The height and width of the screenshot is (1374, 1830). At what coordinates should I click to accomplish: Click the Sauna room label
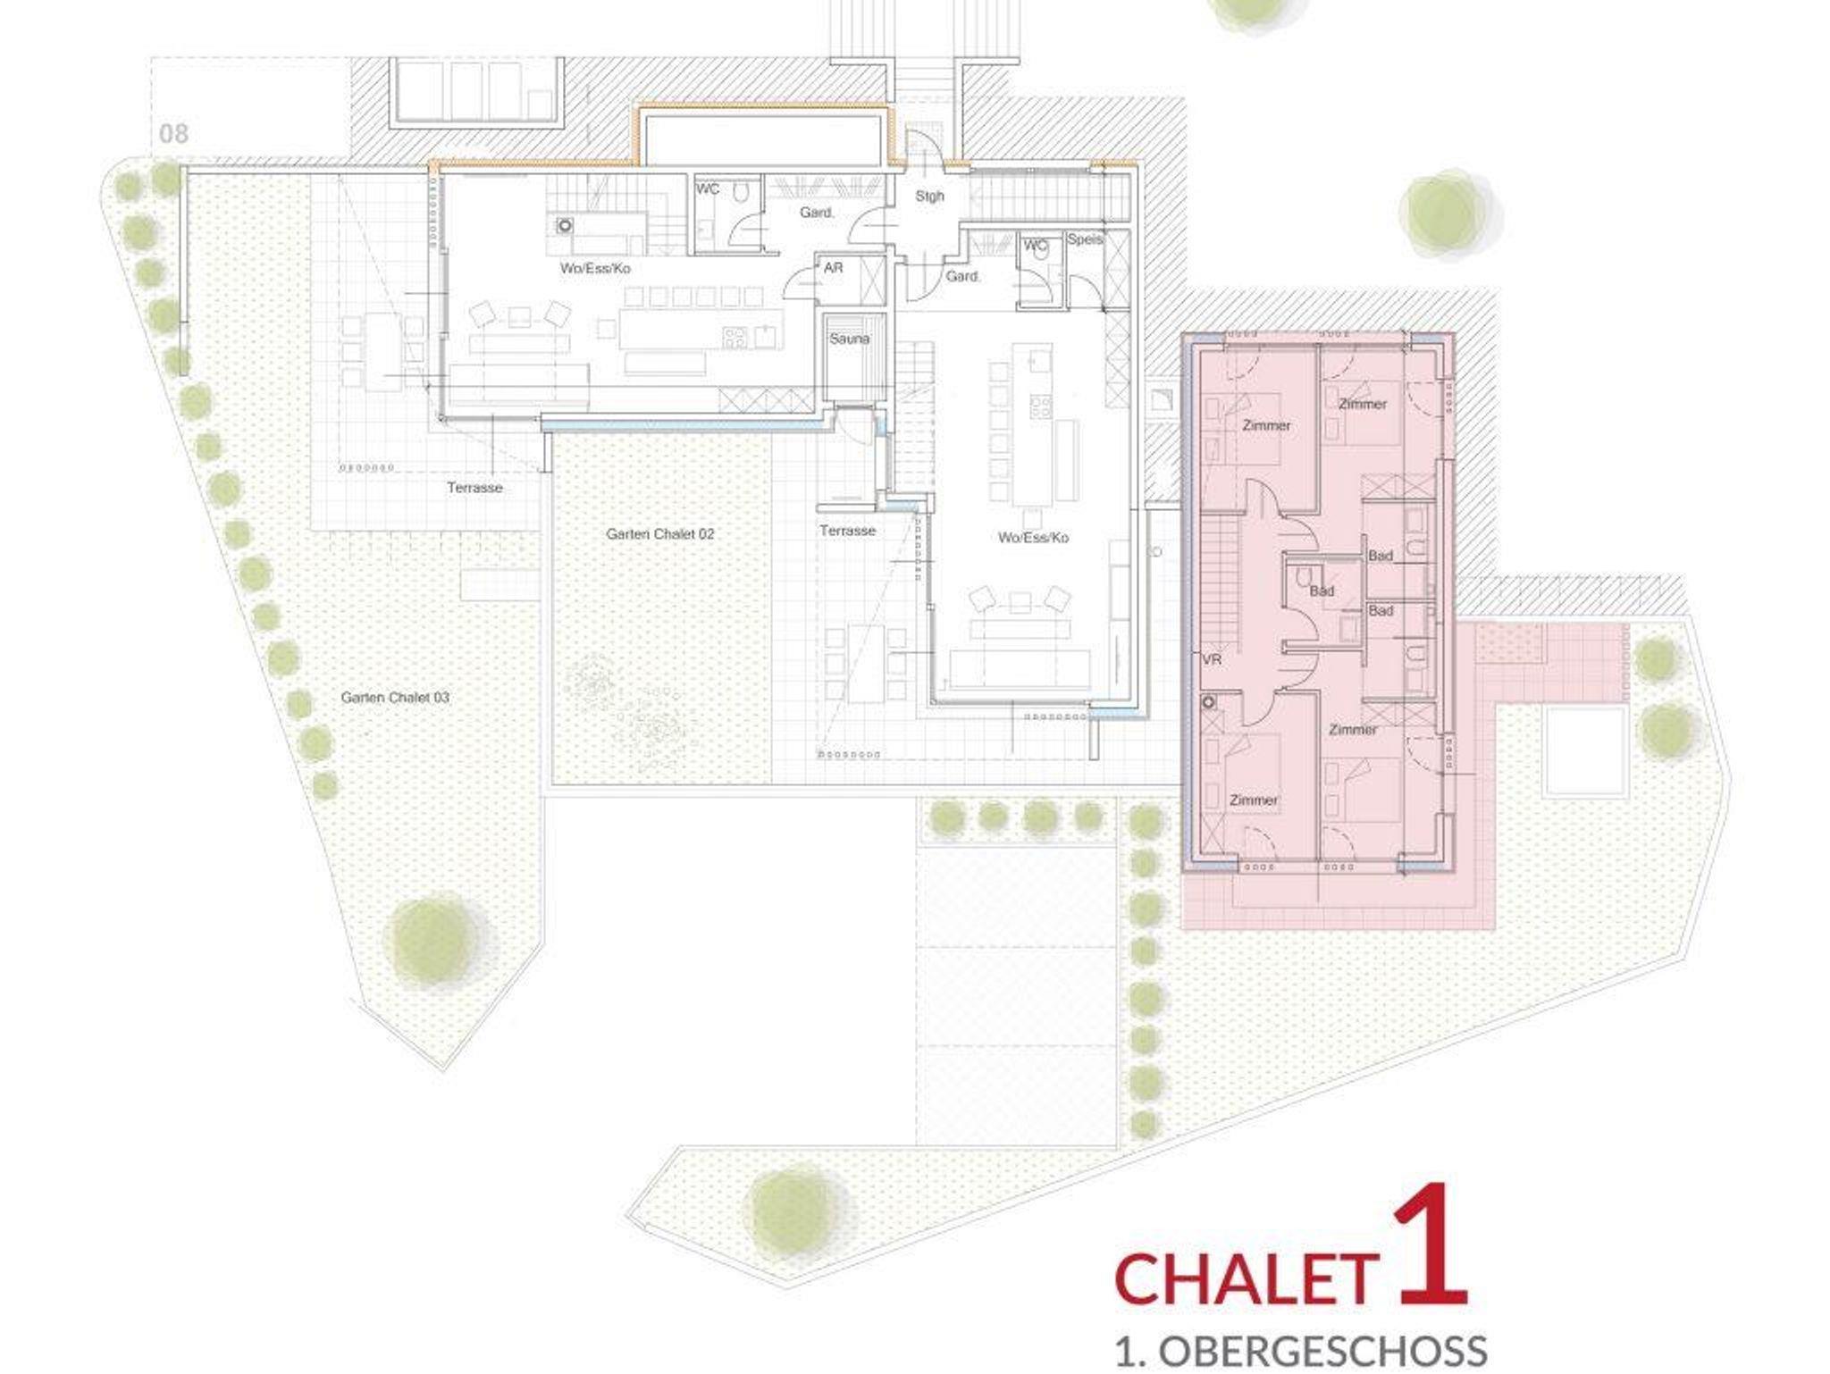click(849, 339)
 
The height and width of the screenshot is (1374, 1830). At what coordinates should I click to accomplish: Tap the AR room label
click(833, 267)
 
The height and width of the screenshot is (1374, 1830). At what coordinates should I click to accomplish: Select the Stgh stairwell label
click(929, 196)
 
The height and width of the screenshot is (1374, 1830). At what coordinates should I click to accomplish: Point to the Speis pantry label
click(1085, 239)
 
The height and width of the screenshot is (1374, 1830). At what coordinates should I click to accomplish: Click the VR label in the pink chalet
click(1212, 660)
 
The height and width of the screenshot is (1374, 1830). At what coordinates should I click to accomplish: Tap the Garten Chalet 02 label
click(660, 534)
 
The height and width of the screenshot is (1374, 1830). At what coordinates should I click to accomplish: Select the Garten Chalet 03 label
click(395, 697)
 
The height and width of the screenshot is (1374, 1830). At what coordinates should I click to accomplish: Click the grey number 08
click(173, 134)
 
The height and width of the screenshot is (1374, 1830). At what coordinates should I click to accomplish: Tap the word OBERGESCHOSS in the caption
click(1322, 1350)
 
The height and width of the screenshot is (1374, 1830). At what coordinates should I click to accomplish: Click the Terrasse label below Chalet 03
click(475, 488)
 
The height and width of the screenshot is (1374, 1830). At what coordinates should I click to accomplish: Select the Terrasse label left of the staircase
click(848, 531)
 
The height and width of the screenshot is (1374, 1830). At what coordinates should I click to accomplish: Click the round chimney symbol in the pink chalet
click(1210, 702)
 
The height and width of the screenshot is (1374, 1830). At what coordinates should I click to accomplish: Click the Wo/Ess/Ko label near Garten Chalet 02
click(1033, 538)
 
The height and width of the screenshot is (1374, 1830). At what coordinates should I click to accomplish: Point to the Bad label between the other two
click(1322, 591)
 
